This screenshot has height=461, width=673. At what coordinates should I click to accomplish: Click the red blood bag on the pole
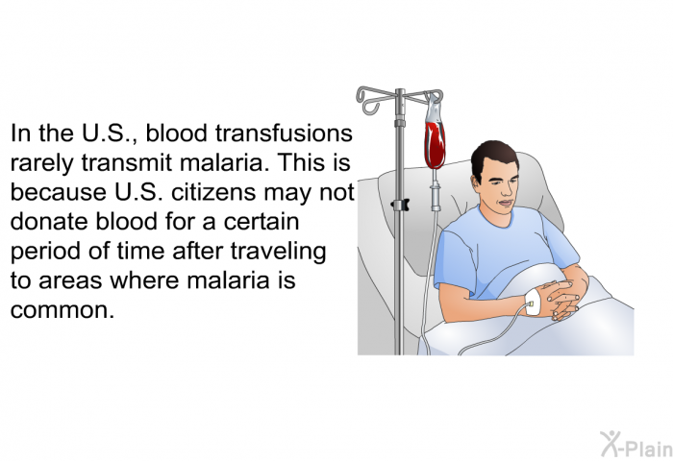point(435,142)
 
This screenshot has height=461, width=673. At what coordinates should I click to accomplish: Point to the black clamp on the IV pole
point(400,205)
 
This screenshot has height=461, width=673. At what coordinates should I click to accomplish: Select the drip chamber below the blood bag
point(436,196)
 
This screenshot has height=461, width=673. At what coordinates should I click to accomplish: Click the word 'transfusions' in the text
point(284,133)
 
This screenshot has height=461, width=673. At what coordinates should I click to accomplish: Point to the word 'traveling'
point(279,252)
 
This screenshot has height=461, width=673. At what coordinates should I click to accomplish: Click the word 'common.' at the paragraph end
point(62,310)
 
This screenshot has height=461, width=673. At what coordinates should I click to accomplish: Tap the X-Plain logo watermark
point(636,444)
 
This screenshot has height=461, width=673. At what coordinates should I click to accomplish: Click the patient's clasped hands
point(560,300)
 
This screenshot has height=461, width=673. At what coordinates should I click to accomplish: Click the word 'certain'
point(262,222)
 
